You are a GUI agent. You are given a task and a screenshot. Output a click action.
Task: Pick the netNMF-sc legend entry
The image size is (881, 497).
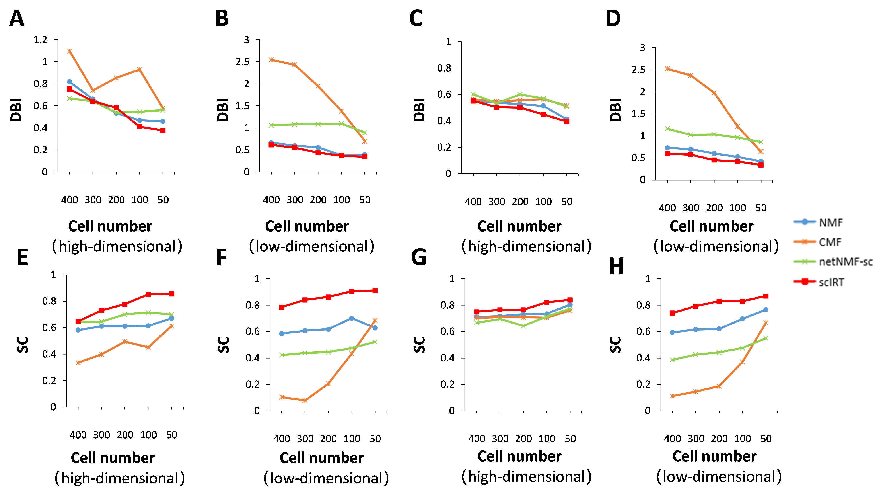point(845,262)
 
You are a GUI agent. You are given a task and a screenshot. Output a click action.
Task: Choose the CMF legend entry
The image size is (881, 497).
point(830,242)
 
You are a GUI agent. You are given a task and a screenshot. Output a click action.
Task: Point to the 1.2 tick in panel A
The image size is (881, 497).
point(40,40)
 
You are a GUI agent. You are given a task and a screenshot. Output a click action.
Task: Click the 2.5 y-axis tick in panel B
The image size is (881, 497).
point(242,62)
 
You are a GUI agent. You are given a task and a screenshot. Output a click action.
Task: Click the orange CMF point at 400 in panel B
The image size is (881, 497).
point(271,60)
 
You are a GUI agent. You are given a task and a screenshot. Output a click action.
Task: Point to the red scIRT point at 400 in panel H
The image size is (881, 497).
point(672,313)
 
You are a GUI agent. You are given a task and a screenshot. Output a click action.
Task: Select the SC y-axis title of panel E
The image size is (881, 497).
point(23,345)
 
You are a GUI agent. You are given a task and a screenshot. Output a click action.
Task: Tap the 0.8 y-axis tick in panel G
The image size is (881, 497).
point(447,305)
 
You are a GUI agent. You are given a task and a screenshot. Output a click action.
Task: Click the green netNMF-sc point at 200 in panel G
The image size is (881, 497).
point(523,326)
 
